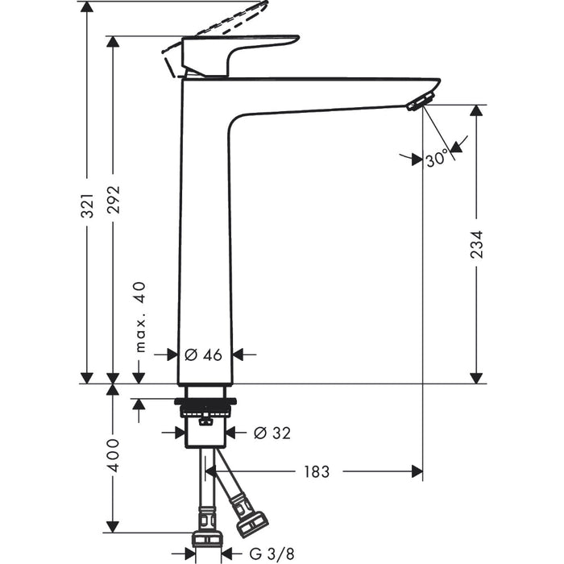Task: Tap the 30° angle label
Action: (436, 160)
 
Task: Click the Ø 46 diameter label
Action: (203, 354)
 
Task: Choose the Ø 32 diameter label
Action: (272, 433)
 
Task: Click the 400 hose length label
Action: (114, 456)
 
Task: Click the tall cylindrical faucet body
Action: (205, 242)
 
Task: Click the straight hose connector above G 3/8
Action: (207, 539)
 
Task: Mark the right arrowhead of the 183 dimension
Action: (417, 471)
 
